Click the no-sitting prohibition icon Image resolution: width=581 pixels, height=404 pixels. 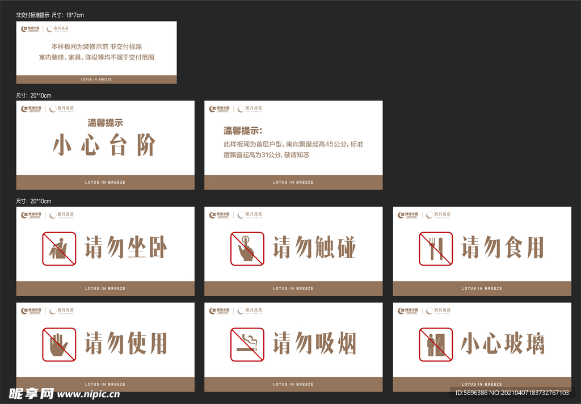tap(59, 249)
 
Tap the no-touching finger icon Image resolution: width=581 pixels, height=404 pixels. tap(247, 249)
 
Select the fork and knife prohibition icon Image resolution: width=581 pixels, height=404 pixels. tap(436, 249)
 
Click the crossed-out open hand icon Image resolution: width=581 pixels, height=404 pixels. tap(59, 344)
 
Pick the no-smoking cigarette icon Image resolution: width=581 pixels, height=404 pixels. tap(247, 344)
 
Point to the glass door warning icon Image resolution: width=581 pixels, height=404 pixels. tap(436, 344)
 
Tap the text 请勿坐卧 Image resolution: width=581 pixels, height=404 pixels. tap(126, 249)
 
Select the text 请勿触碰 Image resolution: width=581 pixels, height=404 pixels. tap(314, 249)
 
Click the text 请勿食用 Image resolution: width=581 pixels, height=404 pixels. tap(503, 249)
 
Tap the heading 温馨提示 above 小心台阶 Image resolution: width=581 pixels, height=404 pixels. tap(105, 122)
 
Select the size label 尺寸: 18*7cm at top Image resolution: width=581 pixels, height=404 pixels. tap(50, 15)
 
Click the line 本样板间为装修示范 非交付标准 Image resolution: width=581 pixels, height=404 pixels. tap(96, 47)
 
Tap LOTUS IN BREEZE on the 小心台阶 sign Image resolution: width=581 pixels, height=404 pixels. tap(105, 182)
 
